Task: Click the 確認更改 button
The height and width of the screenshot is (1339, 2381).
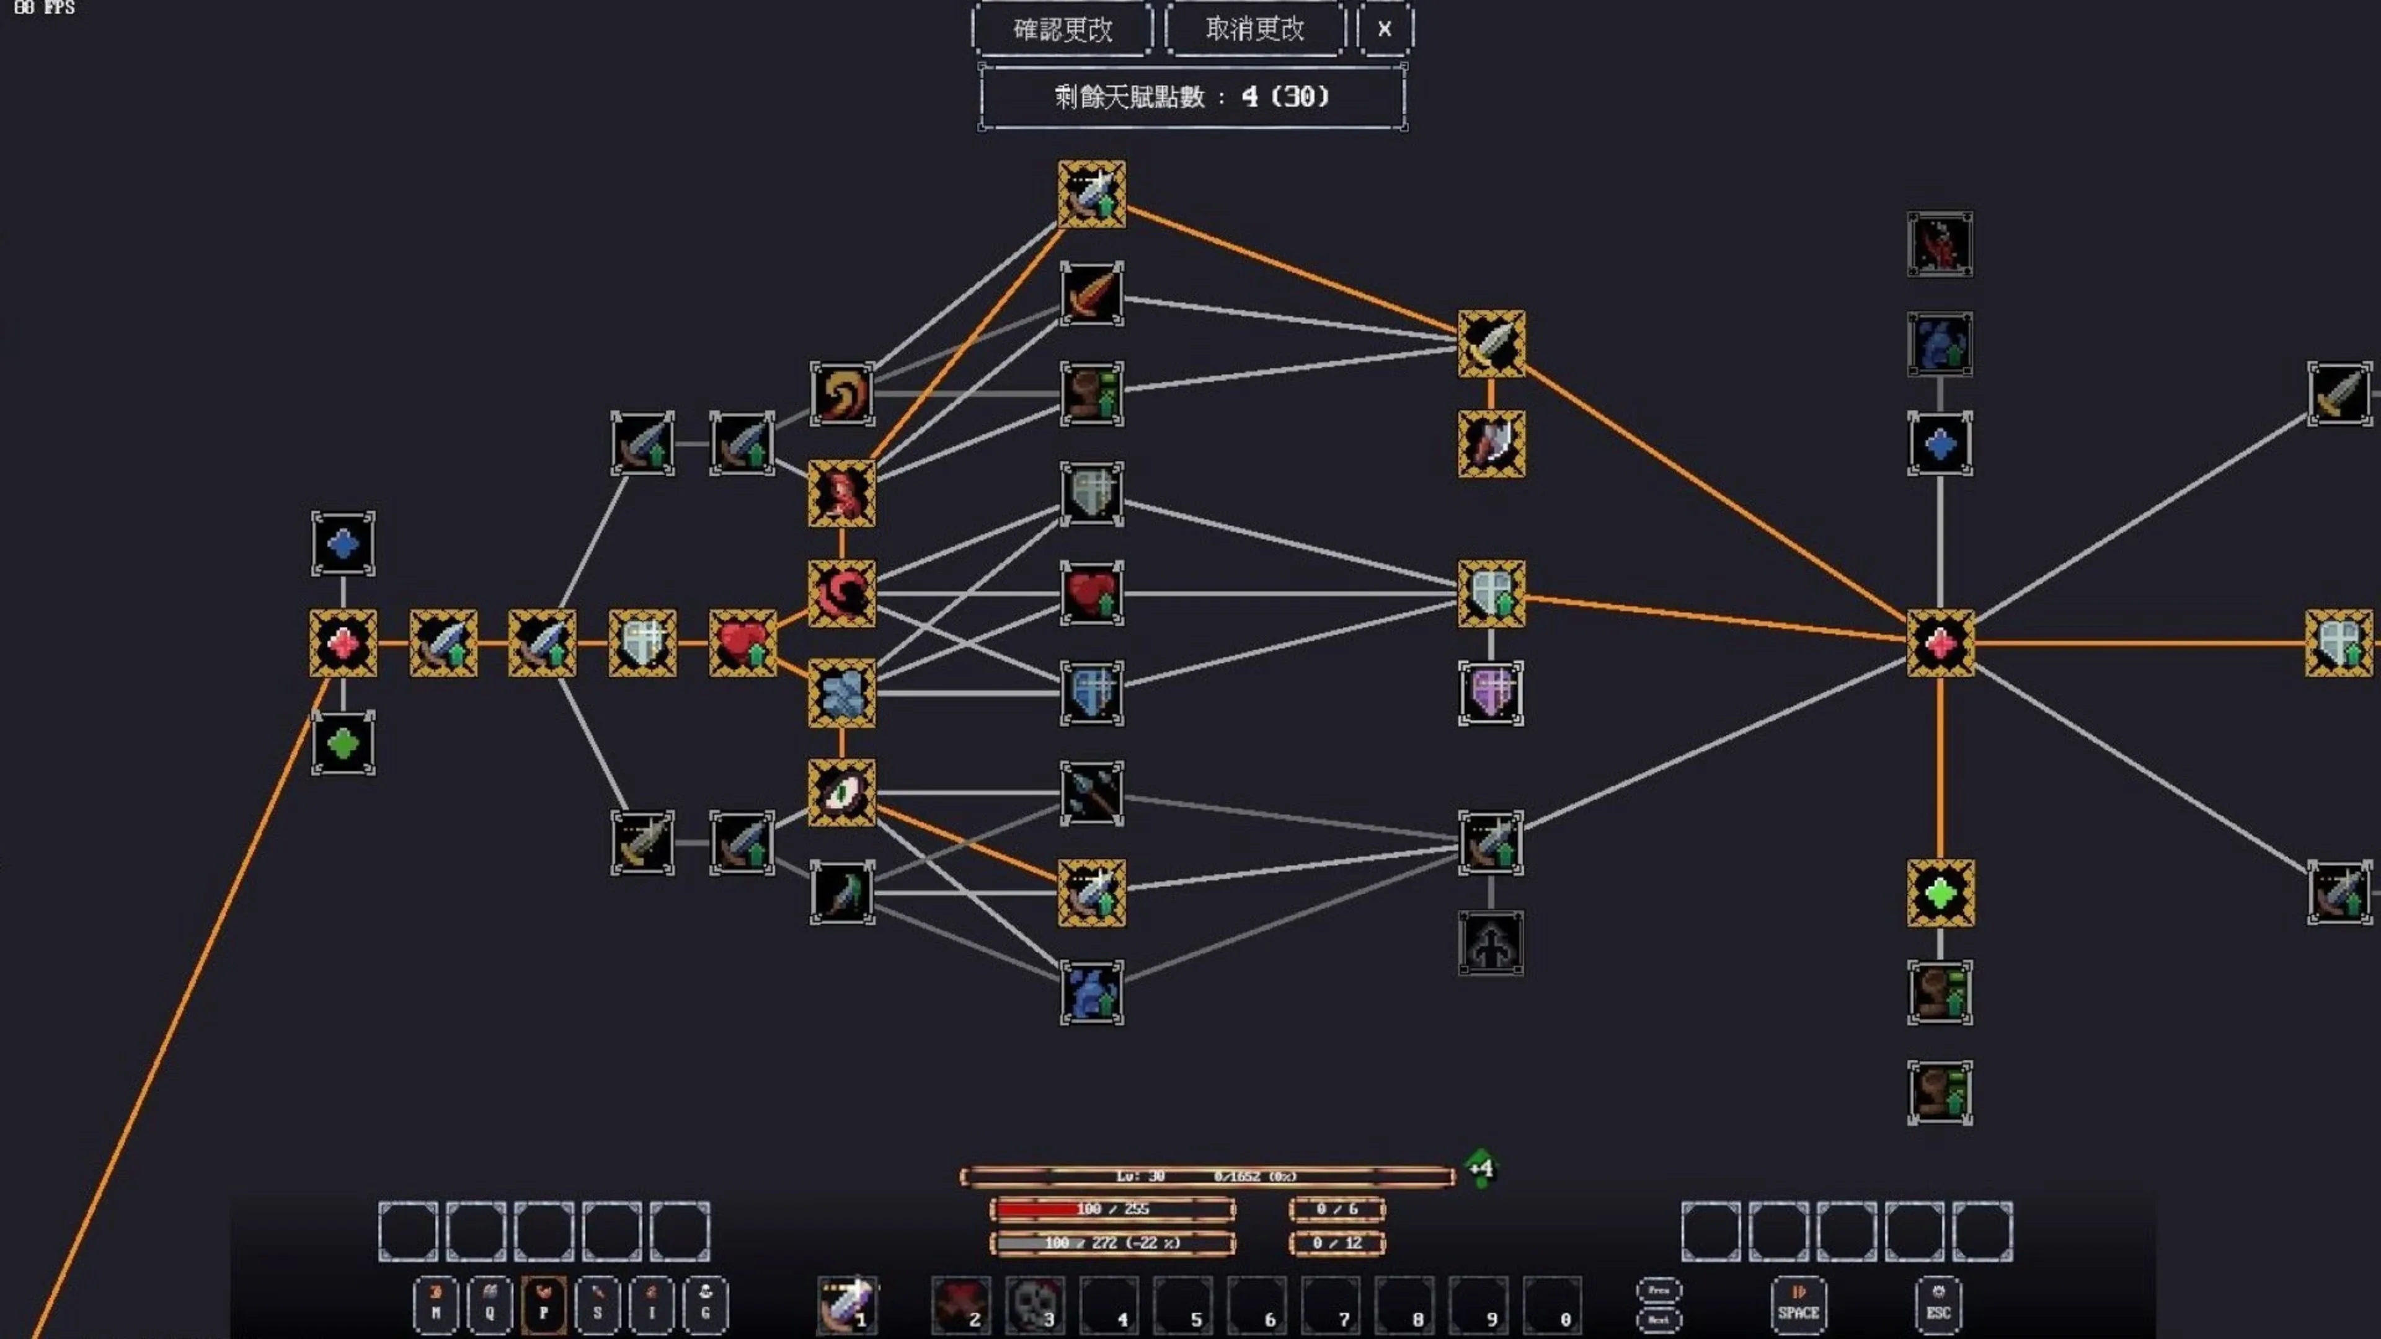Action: coord(1062,30)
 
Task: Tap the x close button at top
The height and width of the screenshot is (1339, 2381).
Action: coord(1384,30)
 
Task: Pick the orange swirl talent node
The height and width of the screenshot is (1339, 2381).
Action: coord(841,394)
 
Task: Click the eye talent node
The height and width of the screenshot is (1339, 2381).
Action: coord(841,793)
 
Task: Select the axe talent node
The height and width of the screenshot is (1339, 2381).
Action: coord(1491,444)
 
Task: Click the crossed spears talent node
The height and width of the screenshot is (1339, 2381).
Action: coord(1091,793)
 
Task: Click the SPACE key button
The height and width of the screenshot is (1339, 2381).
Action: coord(1798,1304)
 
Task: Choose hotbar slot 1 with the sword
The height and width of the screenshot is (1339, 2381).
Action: coord(846,1304)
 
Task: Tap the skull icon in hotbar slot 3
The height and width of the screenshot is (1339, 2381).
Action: coord(1034,1304)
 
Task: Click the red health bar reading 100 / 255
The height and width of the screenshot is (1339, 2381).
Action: coord(1112,1209)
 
